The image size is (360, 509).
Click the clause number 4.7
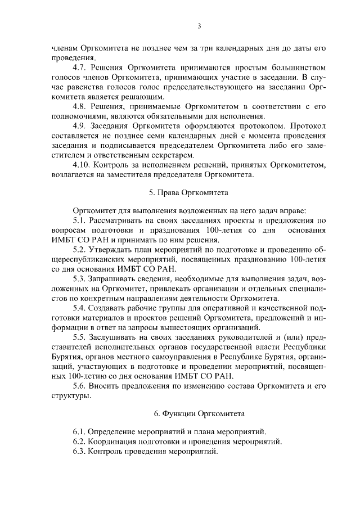click(x=80, y=66)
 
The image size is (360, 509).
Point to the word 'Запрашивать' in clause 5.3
click(x=112, y=280)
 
